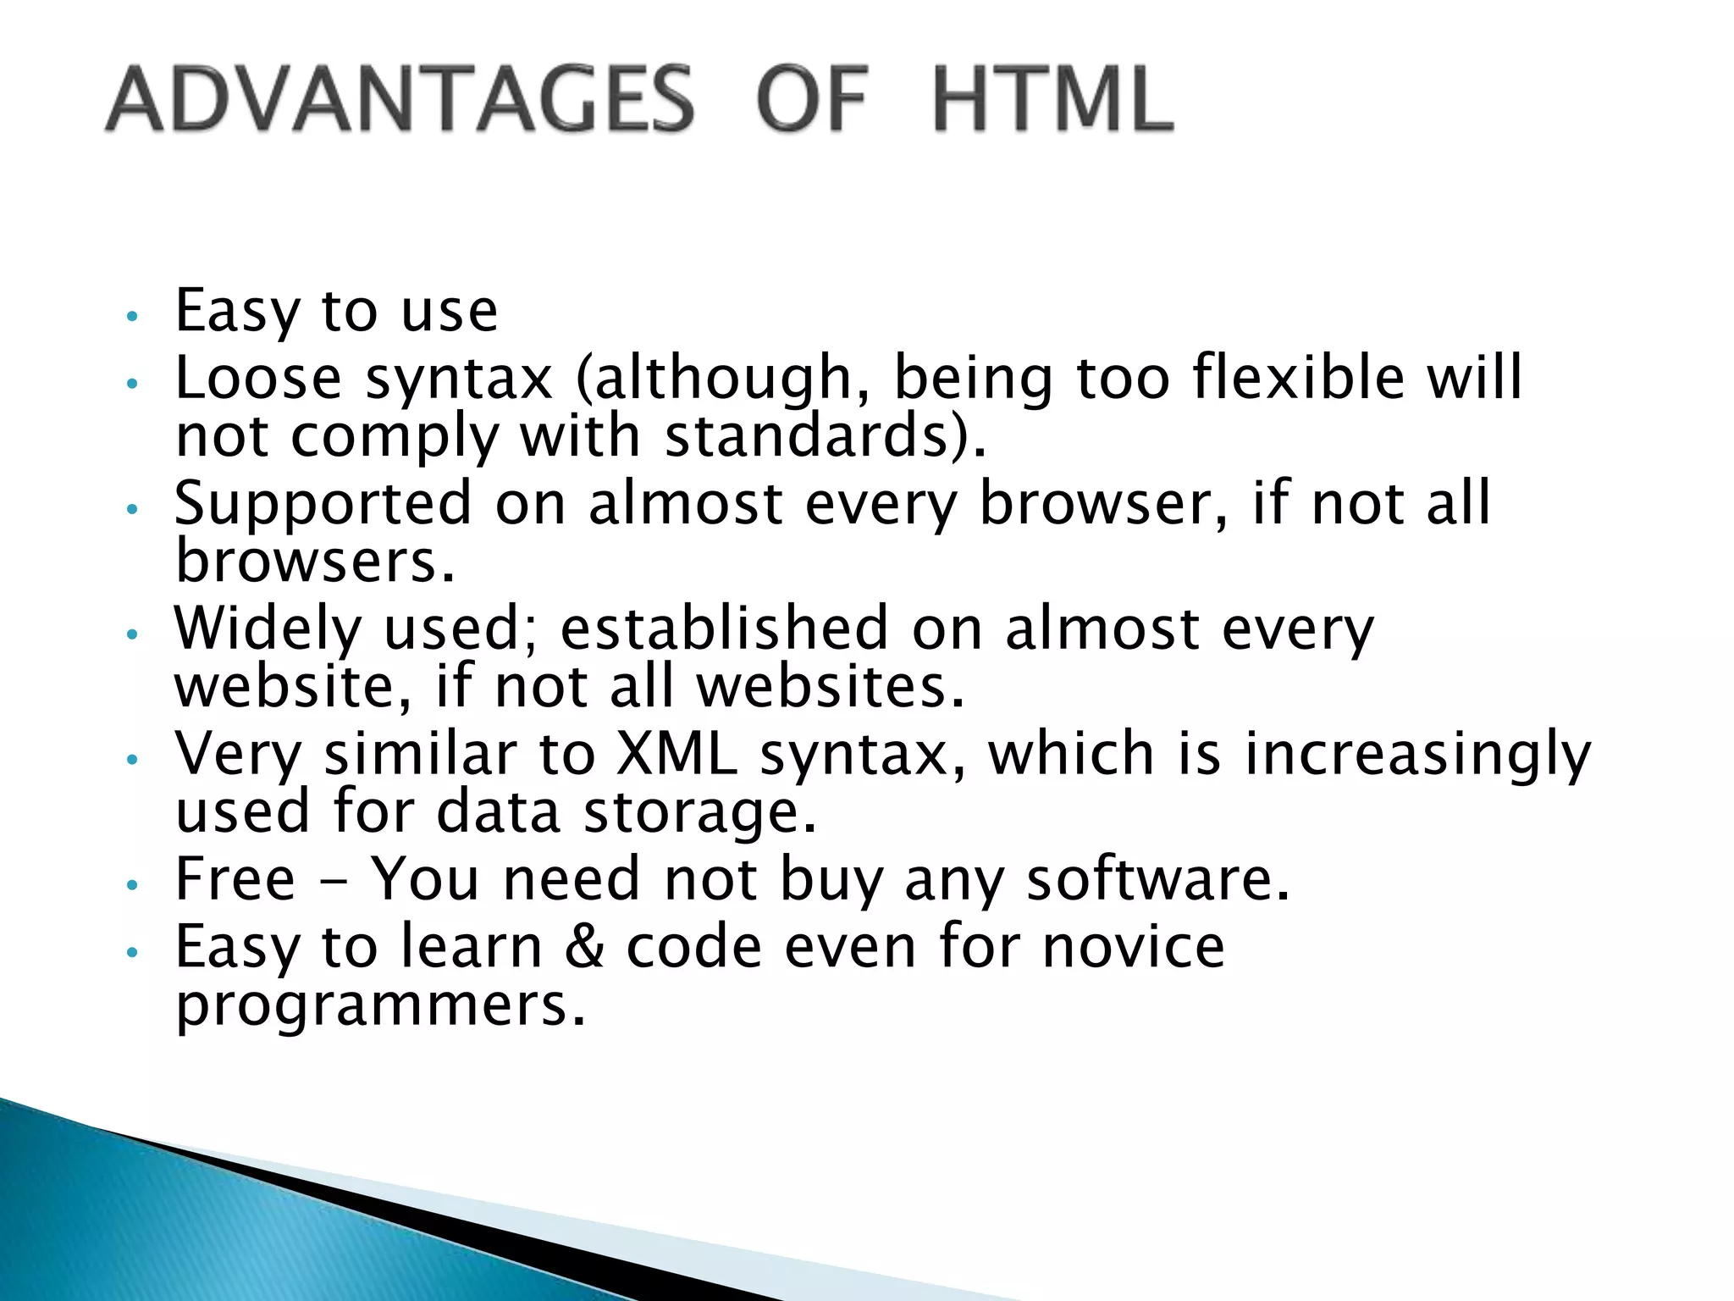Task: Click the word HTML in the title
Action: point(1052,99)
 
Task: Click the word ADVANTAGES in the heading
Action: point(400,99)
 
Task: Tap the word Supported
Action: point(323,502)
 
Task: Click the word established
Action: point(725,628)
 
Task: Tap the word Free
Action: point(235,879)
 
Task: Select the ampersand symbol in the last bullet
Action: point(584,946)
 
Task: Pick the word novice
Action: point(1133,946)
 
